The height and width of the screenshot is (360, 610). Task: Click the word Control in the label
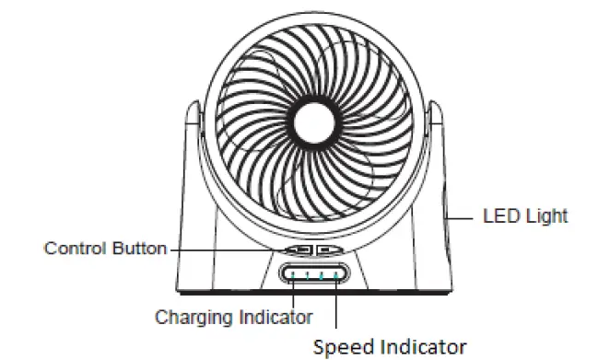(75, 249)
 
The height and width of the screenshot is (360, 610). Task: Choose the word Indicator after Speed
(425, 346)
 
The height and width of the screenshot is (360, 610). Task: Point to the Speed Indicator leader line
(335, 304)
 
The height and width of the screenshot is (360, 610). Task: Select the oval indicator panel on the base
(315, 274)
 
